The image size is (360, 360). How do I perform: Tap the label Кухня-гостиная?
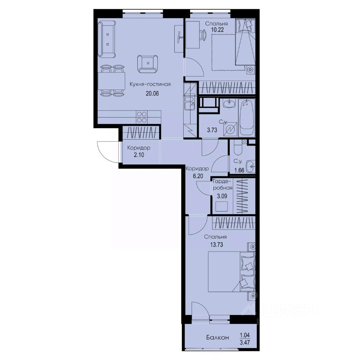[x=150, y=84]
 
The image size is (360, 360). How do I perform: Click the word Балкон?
[x=217, y=338]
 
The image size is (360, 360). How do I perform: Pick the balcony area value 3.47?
[x=246, y=342]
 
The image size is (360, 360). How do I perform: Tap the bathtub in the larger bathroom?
[x=247, y=118]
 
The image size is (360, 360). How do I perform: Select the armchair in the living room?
[x=148, y=64]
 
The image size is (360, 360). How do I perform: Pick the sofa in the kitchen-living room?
[x=107, y=39]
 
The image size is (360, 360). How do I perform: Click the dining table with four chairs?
[x=111, y=81]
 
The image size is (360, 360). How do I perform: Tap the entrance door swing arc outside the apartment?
[x=106, y=151]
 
